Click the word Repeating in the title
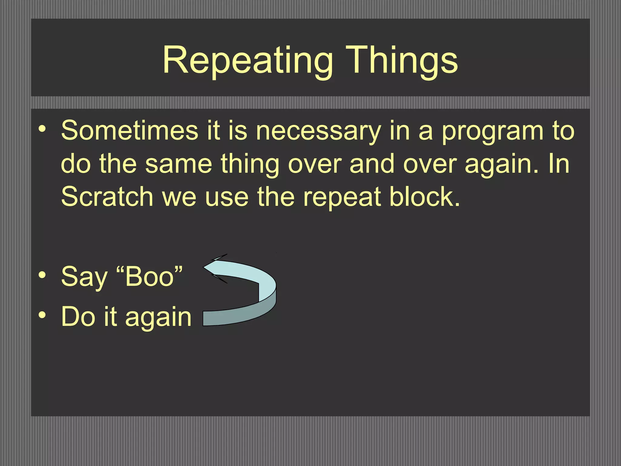[x=247, y=61]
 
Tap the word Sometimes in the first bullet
[x=129, y=130]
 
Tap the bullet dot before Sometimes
[x=42, y=129]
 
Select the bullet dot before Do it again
[x=42, y=315]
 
